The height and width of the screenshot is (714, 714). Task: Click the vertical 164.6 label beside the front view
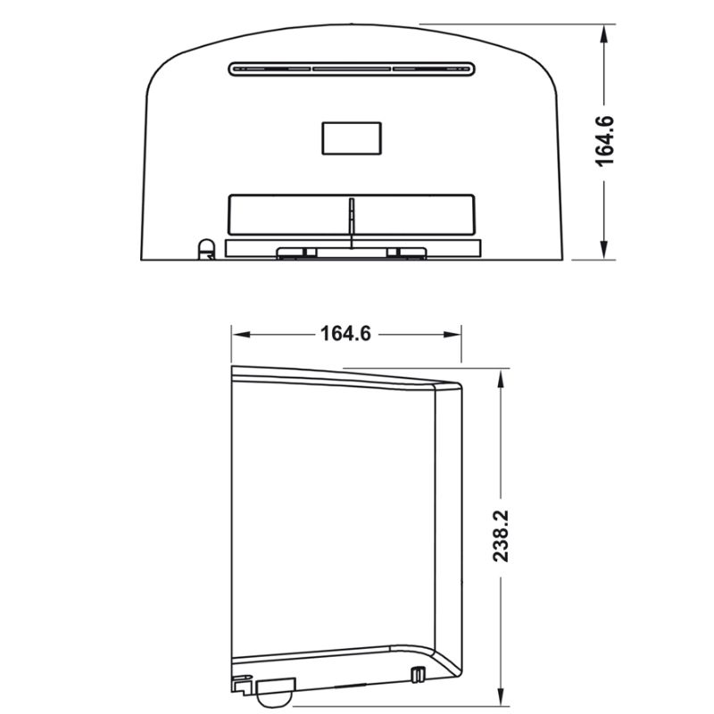tap(606, 142)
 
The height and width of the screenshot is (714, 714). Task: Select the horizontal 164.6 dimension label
tap(345, 335)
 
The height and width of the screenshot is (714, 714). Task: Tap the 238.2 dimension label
tap(501, 536)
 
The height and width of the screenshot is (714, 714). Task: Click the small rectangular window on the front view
tap(351, 137)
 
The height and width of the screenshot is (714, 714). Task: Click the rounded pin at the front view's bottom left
tap(205, 247)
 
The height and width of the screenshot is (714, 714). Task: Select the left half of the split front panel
tap(288, 214)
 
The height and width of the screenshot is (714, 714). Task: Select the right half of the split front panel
tap(414, 214)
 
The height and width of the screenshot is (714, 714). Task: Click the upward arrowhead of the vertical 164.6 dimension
tap(605, 34)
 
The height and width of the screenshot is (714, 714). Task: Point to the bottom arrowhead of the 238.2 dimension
tap(501, 695)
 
